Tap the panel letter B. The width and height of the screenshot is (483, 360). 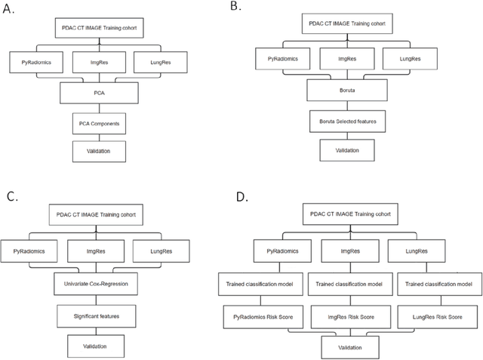(x=236, y=7)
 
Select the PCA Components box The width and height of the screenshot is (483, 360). (x=100, y=123)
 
